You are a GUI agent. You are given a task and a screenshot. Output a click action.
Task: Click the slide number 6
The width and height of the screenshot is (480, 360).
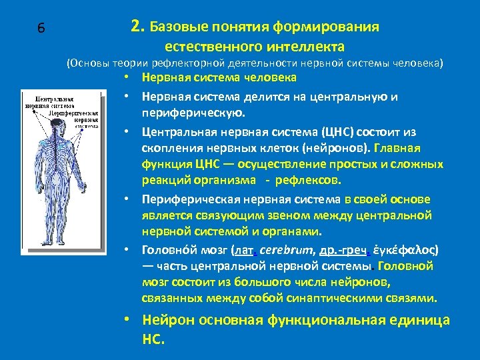[x=41, y=28]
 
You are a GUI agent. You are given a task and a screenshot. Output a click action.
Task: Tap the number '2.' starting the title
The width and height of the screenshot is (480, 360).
[x=138, y=27]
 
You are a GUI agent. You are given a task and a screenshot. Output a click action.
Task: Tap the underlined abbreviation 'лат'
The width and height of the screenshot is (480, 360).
[x=241, y=251]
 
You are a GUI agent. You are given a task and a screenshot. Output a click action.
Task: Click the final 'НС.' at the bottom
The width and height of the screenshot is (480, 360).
[x=153, y=339]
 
